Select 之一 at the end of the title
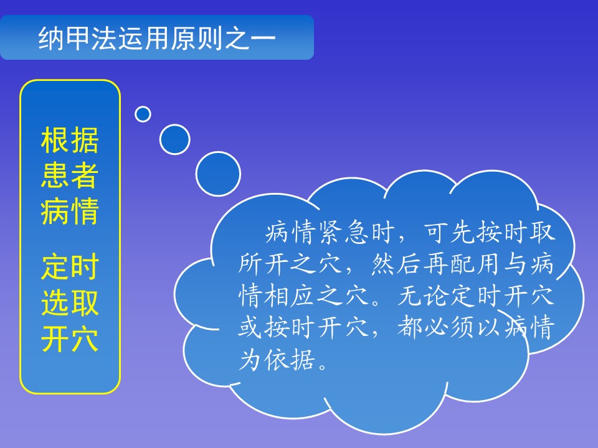(x=250, y=38)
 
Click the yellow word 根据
(x=70, y=140)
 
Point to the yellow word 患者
(x=70, y=175)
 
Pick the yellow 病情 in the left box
(x=70, y=211)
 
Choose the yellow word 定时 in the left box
(x=70, y=267)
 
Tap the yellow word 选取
(x=70, y=302)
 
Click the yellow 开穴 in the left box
(x=70, y=338)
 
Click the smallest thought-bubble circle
(x=143, y=114)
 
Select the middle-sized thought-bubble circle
(x=174, y=139)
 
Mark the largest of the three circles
(x=218, y=174)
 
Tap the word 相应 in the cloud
(x=290, y=296)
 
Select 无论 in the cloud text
(x=423, y=296)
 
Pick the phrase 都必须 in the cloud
(x=435, y=327)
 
